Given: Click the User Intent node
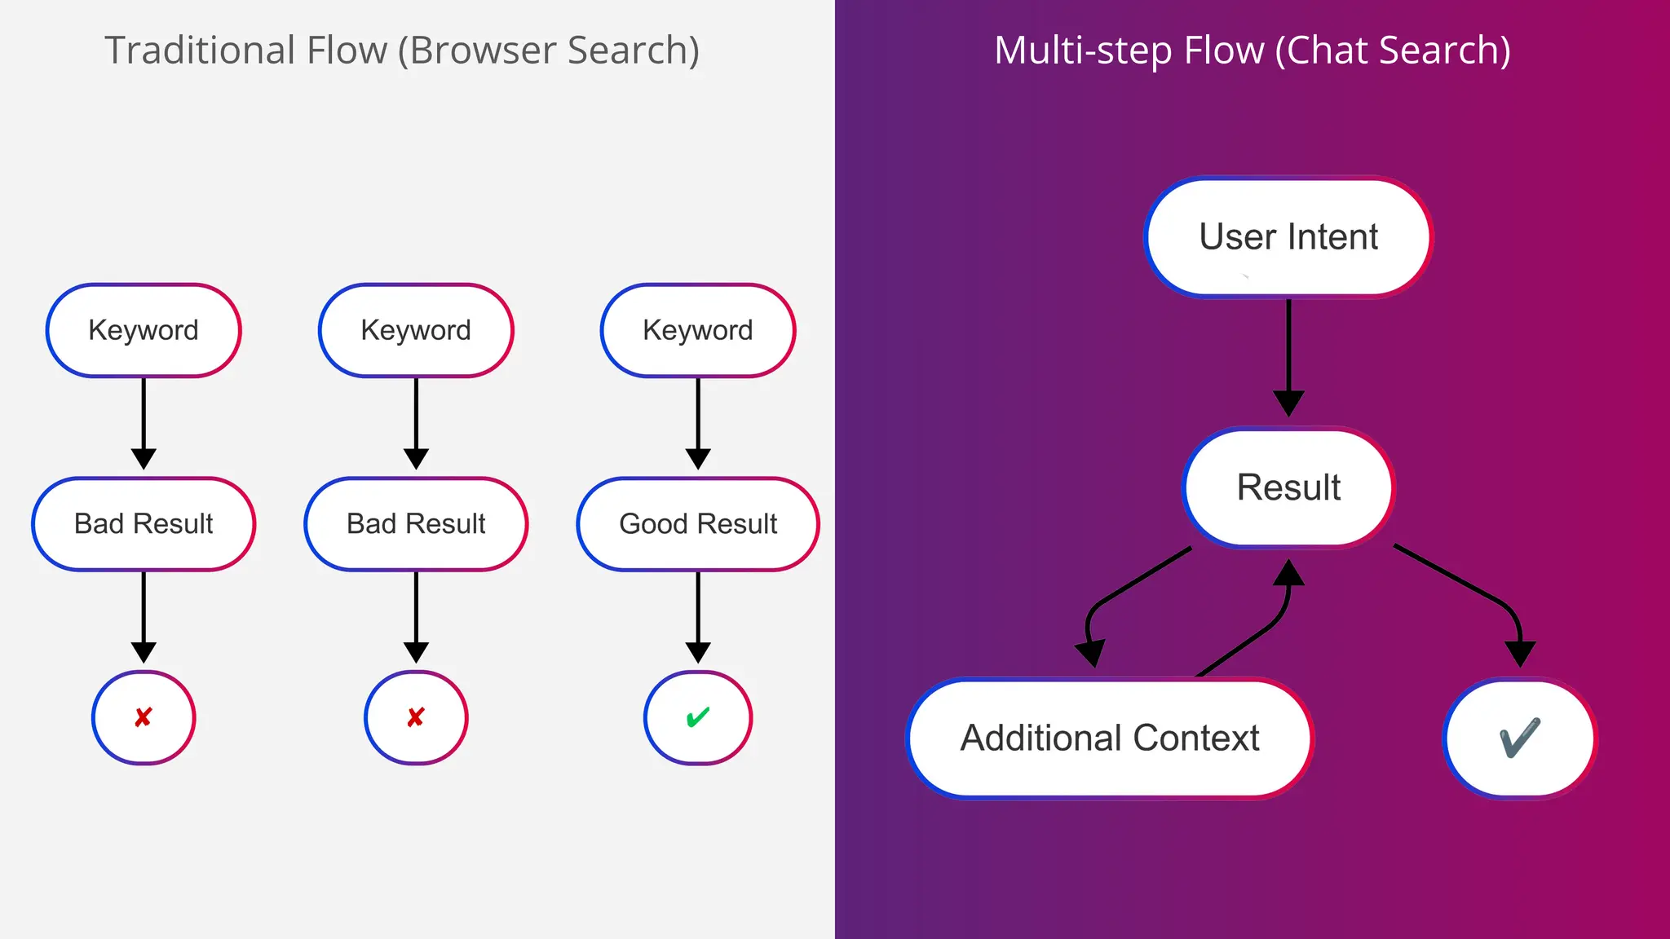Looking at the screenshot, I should pos(1288,237).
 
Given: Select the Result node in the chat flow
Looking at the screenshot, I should pos(1288,487).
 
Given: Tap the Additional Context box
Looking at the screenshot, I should pos(1110,738).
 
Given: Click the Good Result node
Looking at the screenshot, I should pos(698,524).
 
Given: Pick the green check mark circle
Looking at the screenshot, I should pos(698,717).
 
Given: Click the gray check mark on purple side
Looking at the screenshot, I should pos(1519,738).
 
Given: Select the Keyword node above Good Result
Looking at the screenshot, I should pos(698,330).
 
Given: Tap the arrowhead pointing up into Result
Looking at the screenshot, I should pos(1288,573).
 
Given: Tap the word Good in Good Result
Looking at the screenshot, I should pos(653,524).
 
